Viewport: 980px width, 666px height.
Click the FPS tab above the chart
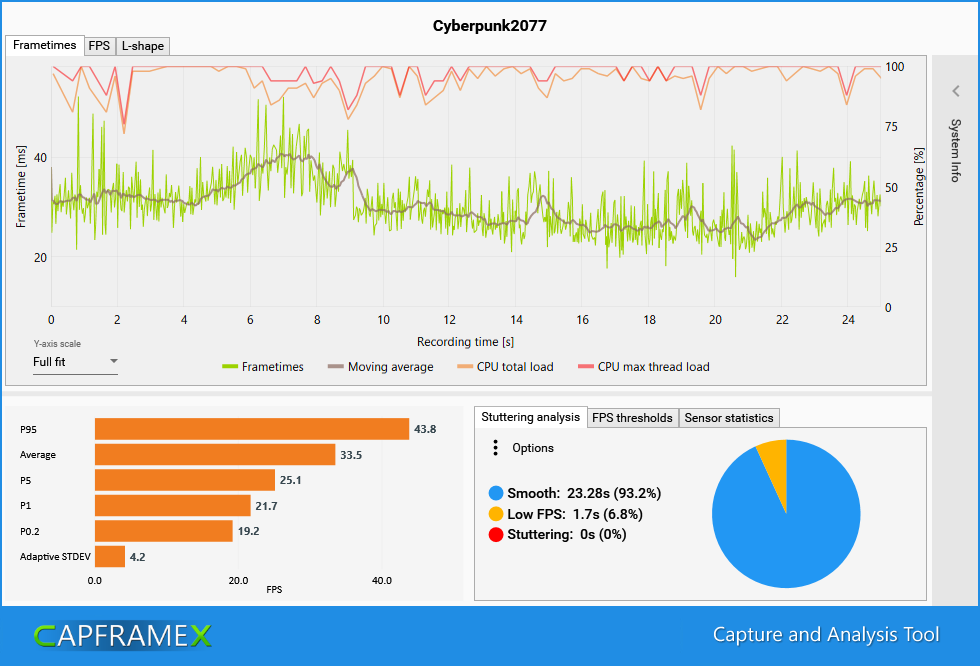coord(99,46)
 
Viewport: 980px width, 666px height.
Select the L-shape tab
coord(142,46)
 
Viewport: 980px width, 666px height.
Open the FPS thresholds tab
coord(632,418)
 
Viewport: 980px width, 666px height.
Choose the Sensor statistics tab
coord(728,418)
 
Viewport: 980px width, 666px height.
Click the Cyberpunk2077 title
coord(489,26)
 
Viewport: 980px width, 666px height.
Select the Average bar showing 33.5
coord(215,455)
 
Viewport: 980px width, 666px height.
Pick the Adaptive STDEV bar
coord(110,556)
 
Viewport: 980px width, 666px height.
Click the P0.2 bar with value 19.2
coord(164,531)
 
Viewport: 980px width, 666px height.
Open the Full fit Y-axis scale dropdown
coord(75,362)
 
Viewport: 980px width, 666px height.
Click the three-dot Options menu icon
coord(495,448)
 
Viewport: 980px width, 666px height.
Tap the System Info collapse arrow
coord(955,91)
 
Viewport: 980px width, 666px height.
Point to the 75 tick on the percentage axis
coord(893,127)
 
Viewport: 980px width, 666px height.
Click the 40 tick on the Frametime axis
coord(40,158)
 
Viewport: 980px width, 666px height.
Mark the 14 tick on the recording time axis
coord(516,320)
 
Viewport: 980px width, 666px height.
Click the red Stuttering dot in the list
coord(495,535)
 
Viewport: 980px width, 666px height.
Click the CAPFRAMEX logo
coord(123,635)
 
